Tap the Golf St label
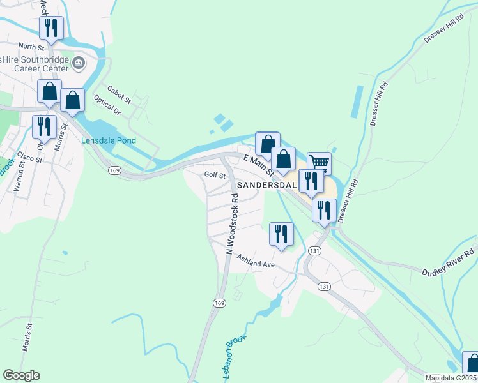point(215,175)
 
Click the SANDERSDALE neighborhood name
point(266,185)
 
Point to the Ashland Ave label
point(256,261)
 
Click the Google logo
point(21,375)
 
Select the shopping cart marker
point(319,163)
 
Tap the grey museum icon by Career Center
point(79,62)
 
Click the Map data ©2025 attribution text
point(451,378)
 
